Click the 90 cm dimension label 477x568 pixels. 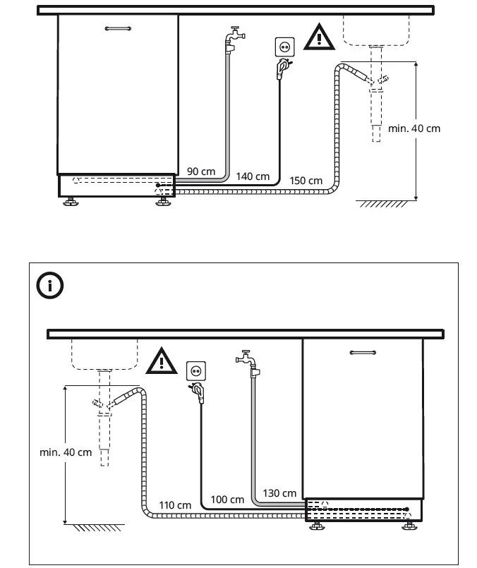tap(201, 171)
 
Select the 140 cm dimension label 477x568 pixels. tap(253, 176)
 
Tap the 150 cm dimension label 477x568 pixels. tap(306, 181)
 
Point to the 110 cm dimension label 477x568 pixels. tap(175, 505)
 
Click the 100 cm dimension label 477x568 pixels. tap(227, 500)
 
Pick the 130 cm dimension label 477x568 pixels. tap(279, 493)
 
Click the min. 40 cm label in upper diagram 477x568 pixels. tap(414, 128)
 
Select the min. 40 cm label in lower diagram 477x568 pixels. tap(66, 452)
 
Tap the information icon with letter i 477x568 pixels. tap(50, 286)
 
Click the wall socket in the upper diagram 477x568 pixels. tap(285, 47)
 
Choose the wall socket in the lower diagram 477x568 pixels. tap(195, 370)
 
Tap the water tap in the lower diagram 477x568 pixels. tap(249, 361)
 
